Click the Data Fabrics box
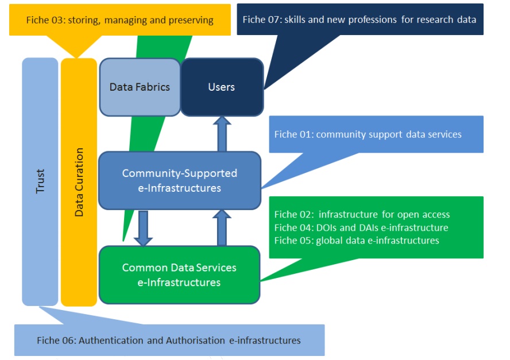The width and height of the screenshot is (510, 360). (140, 87)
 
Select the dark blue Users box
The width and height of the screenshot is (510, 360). (222, 87)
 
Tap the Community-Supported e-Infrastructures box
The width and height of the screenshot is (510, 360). (179, 180)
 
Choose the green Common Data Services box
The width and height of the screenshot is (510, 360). (179, 275)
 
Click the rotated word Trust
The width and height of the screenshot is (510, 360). (40, 181)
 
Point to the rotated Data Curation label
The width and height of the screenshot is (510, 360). (79, 182)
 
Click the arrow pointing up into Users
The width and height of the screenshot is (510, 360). (222, 133)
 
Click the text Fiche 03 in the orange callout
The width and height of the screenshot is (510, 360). (46, 20)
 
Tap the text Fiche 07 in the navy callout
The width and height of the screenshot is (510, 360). (262, 20)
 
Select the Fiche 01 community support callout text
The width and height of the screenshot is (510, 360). (368, 134)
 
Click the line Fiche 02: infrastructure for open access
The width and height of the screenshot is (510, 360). (362, 215)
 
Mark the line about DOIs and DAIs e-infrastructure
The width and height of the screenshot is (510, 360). (361, 228)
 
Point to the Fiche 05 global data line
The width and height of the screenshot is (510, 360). (356, 241)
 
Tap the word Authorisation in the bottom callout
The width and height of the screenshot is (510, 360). (195, 340)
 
